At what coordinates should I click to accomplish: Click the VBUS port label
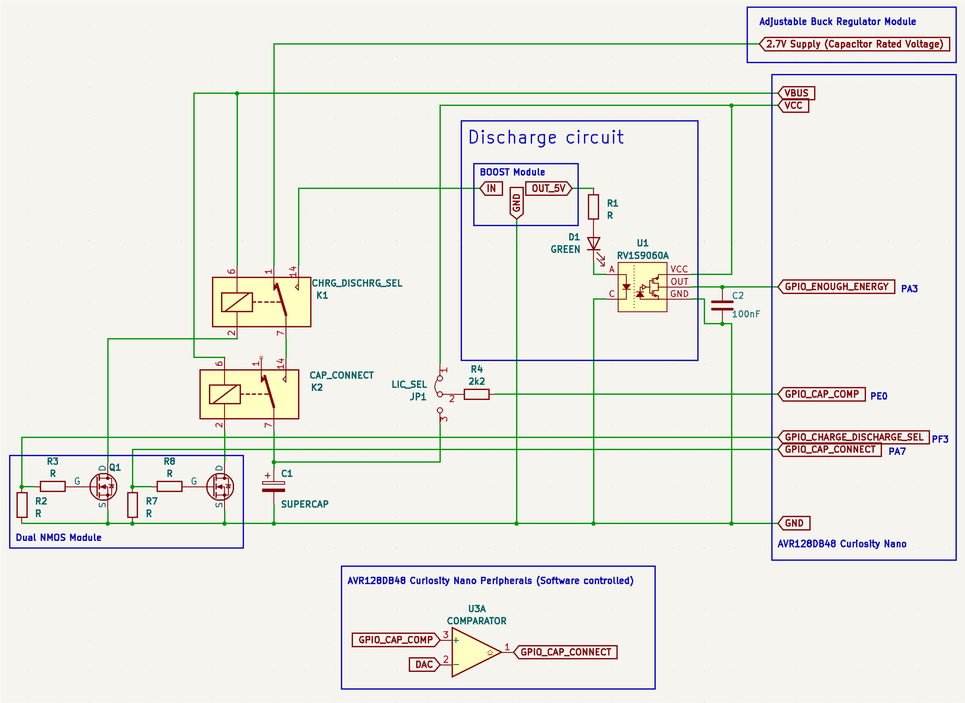click(x=796, y=93)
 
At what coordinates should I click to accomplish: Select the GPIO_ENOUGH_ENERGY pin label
click(x=836, y=287)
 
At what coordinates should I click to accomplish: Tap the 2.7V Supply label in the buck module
click(x=854, y=44)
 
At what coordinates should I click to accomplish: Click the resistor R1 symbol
click(x=594, y=207)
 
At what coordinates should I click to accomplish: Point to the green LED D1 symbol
click(x=594, y=244)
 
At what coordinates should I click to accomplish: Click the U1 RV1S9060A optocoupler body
click(x=642, y=287)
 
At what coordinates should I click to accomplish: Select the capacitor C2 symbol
click(x=722, y=306)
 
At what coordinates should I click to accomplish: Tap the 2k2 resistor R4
click(x=476, y=394)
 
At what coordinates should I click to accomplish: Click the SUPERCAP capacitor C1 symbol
click(x=274, y=487)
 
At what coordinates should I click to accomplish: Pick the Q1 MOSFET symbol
click(x=103, y=486)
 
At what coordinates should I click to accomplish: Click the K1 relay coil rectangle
click(x=237, y=302)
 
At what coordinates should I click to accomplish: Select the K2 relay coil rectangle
click(x=225, y=394)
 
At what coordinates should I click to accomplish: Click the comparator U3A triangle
click(x=475, y=652)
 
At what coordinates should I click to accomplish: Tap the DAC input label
click(x=424, y=664)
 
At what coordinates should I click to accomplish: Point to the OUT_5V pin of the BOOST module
click(x=549, y=188)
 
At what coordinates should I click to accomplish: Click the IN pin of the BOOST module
click(x=491, y=188)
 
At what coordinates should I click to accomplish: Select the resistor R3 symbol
click(x=52, y=486)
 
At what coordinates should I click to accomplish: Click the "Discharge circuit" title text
click(x=546, y=137)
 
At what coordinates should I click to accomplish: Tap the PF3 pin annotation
click(x=940, y=439)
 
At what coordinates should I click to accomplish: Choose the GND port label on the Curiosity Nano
click(x=794, y=523)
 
